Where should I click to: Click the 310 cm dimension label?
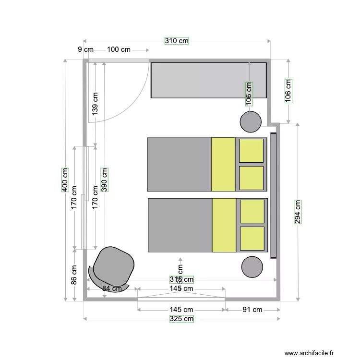coord(177,41)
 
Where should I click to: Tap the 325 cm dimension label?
coord(181,319)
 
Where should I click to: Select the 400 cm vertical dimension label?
coord(64,180)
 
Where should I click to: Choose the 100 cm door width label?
coord(119,49)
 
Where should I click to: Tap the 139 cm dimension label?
coord(95,103)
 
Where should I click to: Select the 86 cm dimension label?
coord(74,275)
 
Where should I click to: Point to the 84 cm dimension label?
coord(111,288)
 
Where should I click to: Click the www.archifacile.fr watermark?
coord(309,353)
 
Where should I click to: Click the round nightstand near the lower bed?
coord(252,267)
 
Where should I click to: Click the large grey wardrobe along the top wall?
coord(209,80)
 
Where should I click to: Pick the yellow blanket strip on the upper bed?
coord(223,164)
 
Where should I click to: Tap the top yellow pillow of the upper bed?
coord(252,151)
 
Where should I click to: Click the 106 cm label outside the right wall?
coord(288,91)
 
